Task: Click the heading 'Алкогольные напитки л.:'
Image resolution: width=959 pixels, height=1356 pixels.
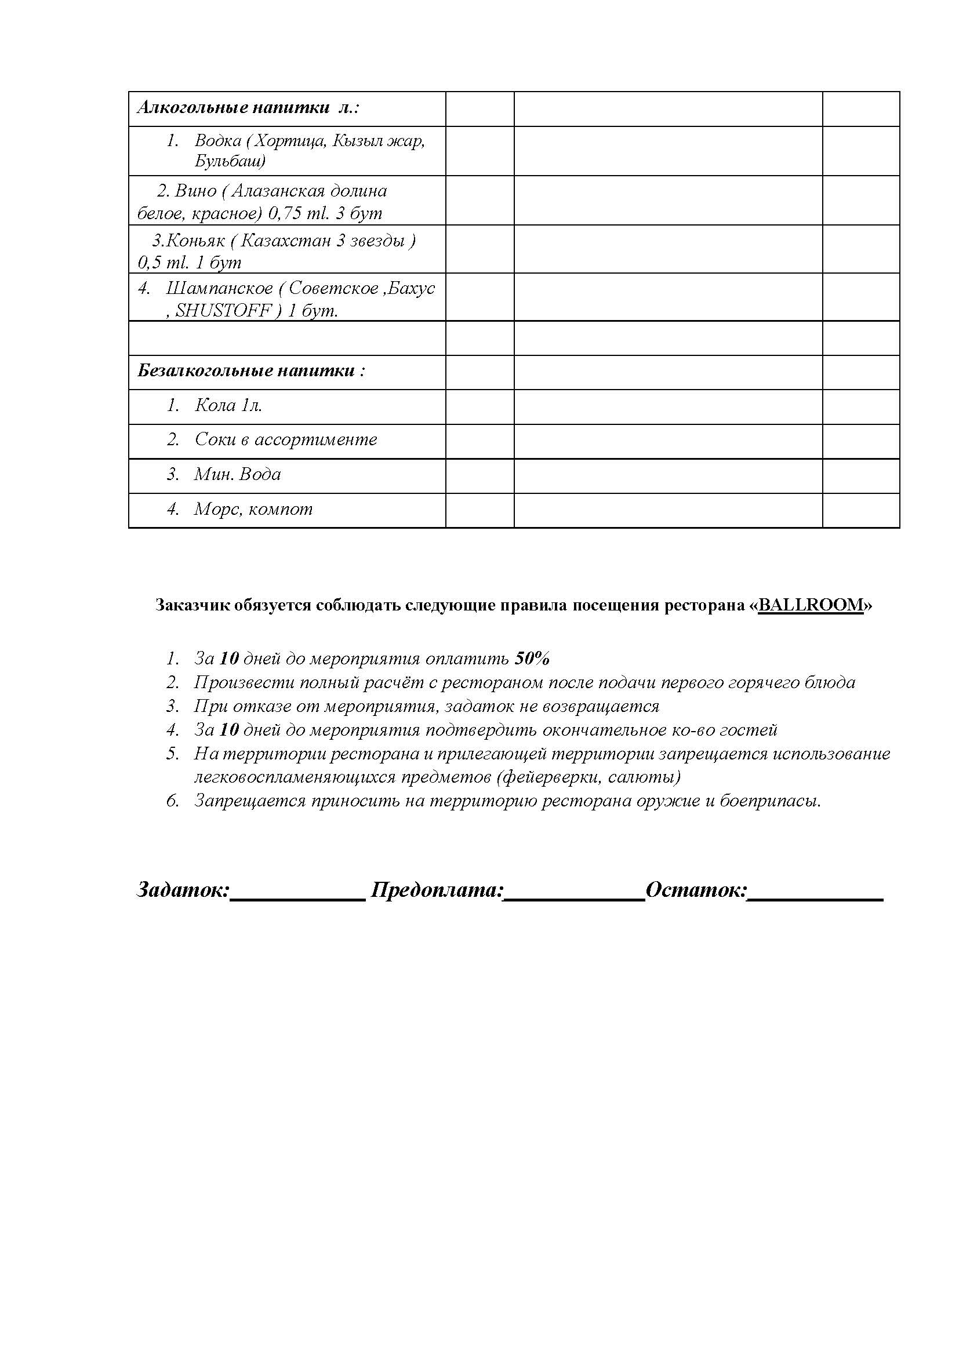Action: (248, 108)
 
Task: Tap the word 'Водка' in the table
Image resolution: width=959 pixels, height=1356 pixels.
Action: (217, 141)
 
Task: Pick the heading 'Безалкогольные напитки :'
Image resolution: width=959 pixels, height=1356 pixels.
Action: (251, 371)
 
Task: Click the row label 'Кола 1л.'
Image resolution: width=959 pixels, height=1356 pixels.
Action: (228, 406)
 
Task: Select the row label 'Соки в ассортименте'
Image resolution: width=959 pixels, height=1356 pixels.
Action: (285, 440)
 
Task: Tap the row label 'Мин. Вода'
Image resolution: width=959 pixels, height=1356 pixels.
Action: (237, 474)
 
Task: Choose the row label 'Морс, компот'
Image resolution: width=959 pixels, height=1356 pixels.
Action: (253, 509)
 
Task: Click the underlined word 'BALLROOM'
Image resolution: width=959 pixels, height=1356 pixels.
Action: (810, 605)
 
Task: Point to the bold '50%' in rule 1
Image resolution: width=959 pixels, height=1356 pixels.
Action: (532, 659)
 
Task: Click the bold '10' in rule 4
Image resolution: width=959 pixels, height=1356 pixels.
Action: (228, 730)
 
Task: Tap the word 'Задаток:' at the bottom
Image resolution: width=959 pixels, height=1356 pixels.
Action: (183, 889)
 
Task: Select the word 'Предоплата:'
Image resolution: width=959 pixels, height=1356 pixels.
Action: (437, 889)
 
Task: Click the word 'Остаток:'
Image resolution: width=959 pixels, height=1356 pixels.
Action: (697, 889)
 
